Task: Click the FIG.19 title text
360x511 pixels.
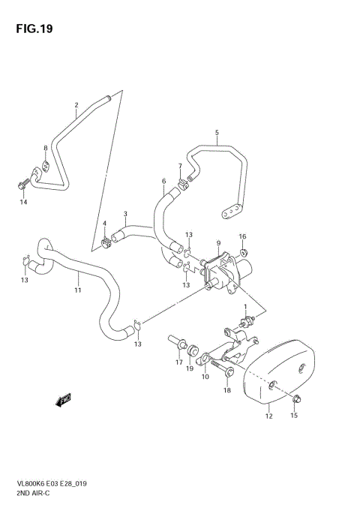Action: [35, 29]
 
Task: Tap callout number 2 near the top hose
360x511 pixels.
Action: [76, 105]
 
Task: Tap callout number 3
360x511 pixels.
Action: [126, 214]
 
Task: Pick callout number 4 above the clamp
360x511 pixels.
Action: [105, 224]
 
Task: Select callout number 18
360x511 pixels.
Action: [226, 391]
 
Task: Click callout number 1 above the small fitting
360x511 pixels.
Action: [244, 307]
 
